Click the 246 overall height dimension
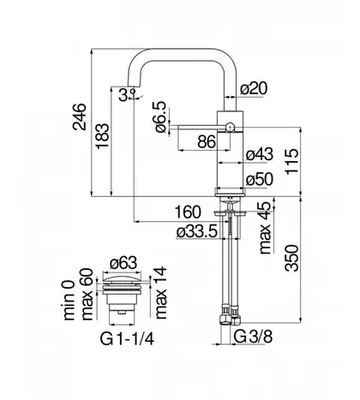tap(79, 116)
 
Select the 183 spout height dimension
tap(102, 136)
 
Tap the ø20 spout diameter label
tap(254, 88)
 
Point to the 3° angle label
tap(127, 94)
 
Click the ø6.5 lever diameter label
tap(160, 117)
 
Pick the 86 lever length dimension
tap(207, 141)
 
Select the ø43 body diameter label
tap(260, 154)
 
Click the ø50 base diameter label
tap(260, 180)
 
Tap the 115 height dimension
tap(291, 161)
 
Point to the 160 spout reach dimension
tap(188, 212)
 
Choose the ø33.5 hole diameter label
tap(197, 232)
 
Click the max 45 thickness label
tap(265, 228)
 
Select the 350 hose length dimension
tap(291, 258)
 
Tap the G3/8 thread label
tap(253, 337)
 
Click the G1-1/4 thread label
tap(127, 339)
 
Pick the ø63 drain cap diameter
tap(123, 263)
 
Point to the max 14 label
tap(160, 293)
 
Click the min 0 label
tap(68, 300)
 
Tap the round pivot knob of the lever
tap(231, 126)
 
